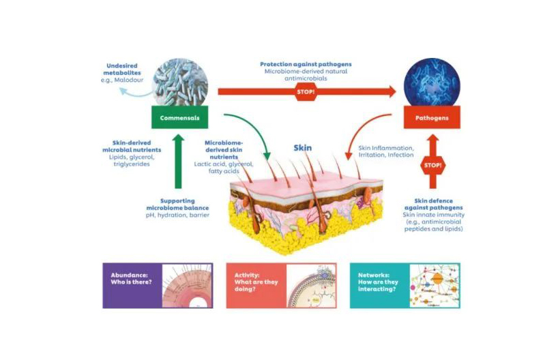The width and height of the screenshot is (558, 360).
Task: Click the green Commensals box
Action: (179, 117)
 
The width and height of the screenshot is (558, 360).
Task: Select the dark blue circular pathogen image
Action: (431, 81)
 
